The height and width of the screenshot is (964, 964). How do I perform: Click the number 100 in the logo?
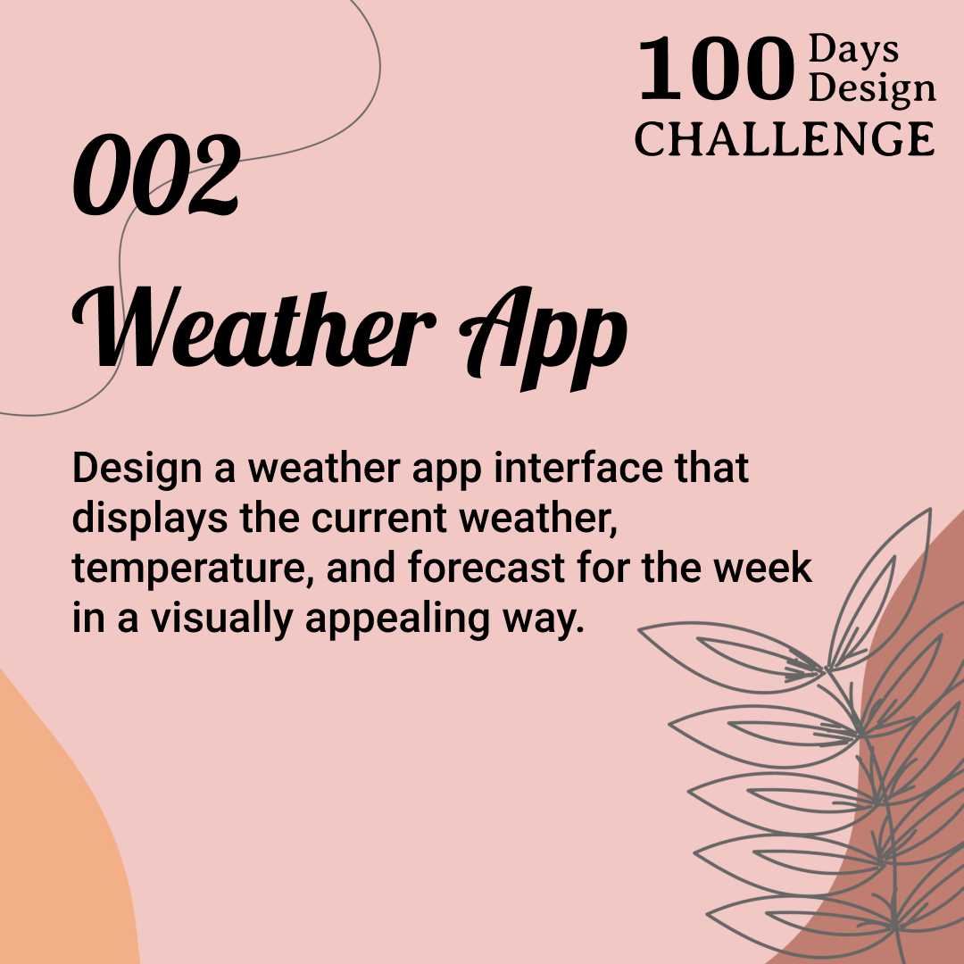715,71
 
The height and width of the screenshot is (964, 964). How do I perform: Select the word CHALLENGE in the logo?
785,138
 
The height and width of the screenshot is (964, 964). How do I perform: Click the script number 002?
157,175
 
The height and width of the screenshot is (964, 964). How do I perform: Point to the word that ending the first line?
711,469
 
